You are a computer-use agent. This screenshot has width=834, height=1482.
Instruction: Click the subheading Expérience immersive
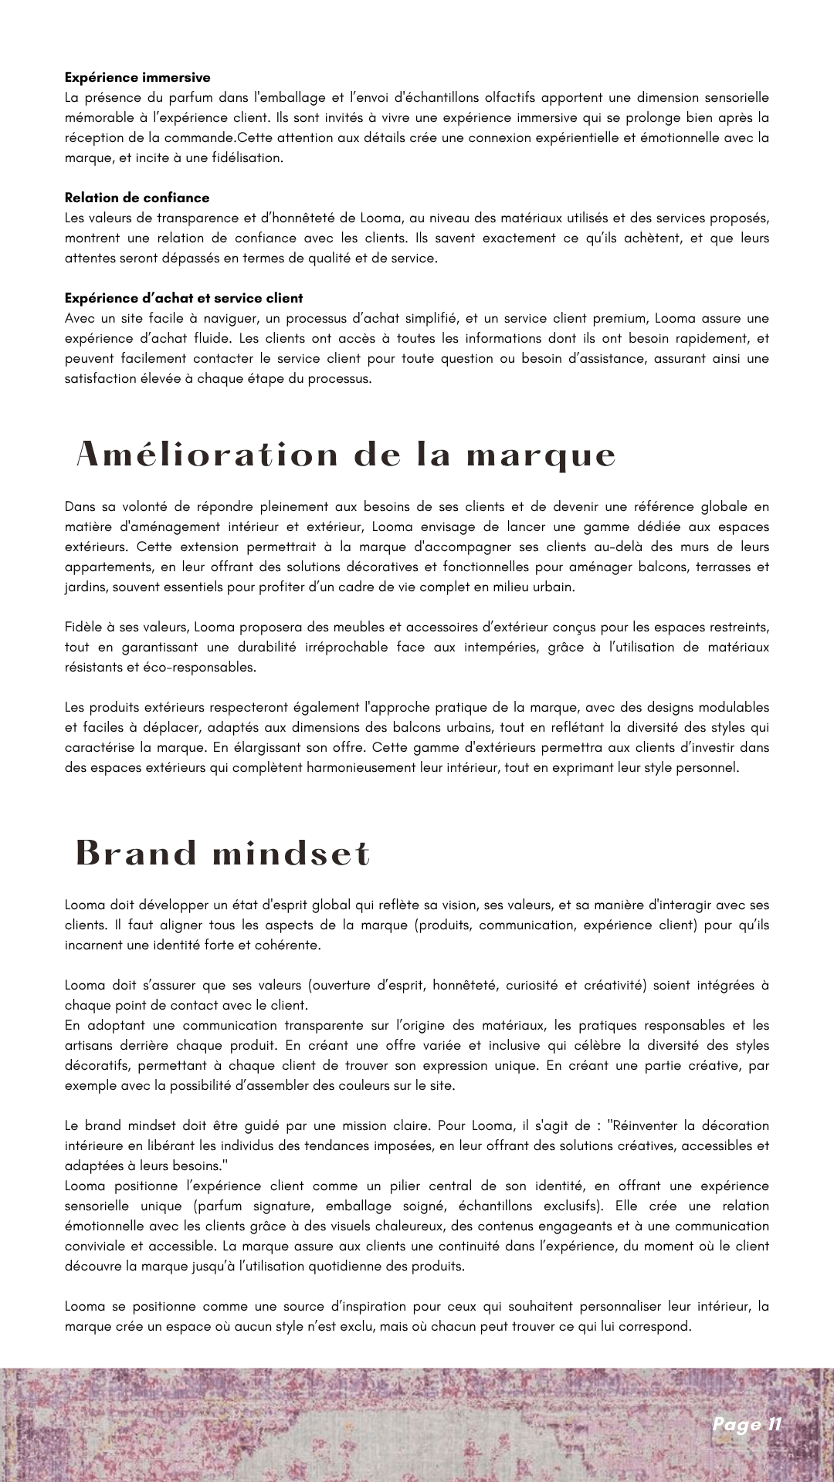tap(137, 78)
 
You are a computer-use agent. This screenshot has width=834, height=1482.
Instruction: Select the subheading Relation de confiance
tap(137, 198)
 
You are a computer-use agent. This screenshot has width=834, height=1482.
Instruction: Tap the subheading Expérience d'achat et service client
tap(184, 299)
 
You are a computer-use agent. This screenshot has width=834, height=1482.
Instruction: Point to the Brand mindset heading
tap(223, 853)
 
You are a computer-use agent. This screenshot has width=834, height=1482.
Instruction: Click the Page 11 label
tap(747, 1424)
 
